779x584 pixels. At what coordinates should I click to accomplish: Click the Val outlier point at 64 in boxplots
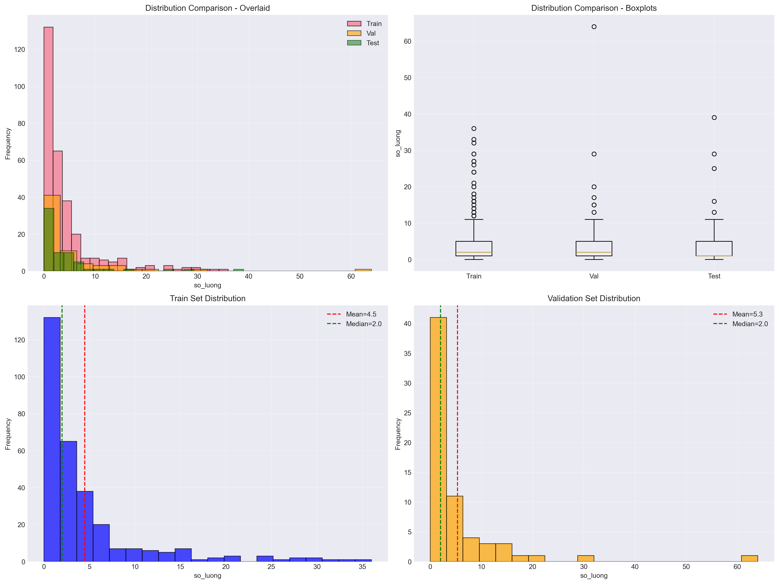pos(594,27)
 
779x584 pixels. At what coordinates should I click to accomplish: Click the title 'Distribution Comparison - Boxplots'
pos(594,8)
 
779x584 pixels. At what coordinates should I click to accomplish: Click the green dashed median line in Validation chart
pos(440,423)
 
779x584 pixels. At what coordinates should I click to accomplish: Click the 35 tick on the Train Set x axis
pos(362,567)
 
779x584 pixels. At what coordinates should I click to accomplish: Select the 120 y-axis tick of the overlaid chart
pos(20,50)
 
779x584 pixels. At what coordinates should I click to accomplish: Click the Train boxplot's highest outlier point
pos(474,129)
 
